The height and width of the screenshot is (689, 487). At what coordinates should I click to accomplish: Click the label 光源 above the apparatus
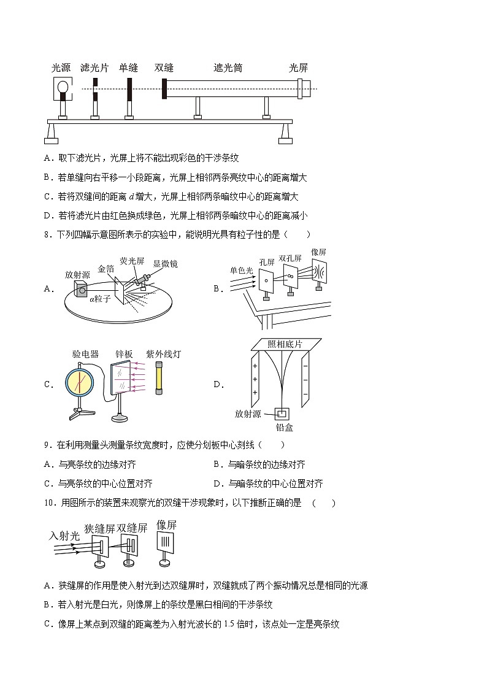(x=61, y=68)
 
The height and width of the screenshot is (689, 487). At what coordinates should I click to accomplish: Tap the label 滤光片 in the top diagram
(x=94, y=68)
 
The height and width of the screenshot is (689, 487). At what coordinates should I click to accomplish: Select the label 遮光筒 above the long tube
(x=228, y=68)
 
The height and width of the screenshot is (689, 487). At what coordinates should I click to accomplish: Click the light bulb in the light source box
(x=62, y=89)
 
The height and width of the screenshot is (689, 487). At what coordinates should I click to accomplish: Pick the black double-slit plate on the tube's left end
(x=164, y=88)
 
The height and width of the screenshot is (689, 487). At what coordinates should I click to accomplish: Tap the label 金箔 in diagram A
(x=105, y=268)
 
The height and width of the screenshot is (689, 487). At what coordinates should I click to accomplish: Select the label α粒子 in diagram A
(x=100, y=299)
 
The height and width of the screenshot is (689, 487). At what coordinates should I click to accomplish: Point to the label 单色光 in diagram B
(x=242, y=269)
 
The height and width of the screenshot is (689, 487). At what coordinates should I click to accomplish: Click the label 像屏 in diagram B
(x=318, y=252)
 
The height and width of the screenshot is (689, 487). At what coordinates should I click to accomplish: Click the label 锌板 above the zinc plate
(x=125, y=354)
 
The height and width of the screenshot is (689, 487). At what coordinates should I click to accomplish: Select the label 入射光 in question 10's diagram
(x=64, y=536)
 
